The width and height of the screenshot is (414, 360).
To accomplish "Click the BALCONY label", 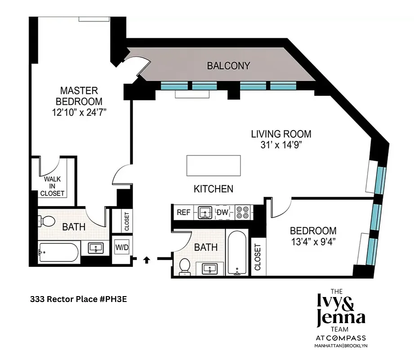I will [x=228, y=66].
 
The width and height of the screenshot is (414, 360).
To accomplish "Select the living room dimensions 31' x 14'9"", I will [x=280, y=144].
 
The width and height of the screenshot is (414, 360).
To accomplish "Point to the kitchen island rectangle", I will [x=214, y=166].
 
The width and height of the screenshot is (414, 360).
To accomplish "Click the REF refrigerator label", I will [x=183, y=212].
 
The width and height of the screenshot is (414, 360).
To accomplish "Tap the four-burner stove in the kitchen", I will [x=243, y=212].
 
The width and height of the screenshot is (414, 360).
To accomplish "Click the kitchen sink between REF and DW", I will [x=205, y=212].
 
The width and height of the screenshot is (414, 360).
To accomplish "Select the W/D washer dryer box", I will [x=121, y=247].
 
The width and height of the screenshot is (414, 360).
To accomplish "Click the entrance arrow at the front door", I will [x=147, y=259].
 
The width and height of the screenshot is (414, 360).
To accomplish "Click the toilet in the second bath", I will [x=184, y=266].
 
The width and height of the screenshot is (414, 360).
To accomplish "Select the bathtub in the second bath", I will [x=236, y=253].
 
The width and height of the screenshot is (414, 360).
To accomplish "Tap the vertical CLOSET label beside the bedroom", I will [x=258, y=257].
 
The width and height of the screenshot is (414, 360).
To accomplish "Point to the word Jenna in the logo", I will [x=341, y=319].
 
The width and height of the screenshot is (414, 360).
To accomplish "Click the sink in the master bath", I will [x=96, y=247].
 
